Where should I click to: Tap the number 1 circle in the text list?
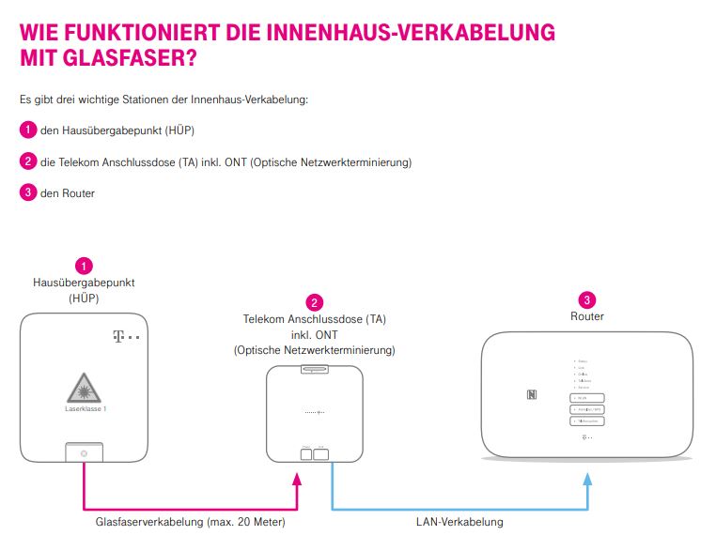(28, 130)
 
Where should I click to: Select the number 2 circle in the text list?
(28, 161)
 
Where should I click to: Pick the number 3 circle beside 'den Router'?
(28, 193)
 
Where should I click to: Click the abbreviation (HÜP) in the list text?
(178, 131)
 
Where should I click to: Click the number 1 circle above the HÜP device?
(84, 266)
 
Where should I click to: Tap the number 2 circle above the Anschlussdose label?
(315, 302)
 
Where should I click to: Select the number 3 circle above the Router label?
(587, 300)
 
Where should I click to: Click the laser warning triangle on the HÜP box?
(84, 387)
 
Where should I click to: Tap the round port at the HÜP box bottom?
(84, 454)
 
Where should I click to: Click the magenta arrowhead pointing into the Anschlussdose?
(298, 478)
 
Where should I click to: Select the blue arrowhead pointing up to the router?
(587, 478)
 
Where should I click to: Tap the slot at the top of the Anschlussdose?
(315, 370)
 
